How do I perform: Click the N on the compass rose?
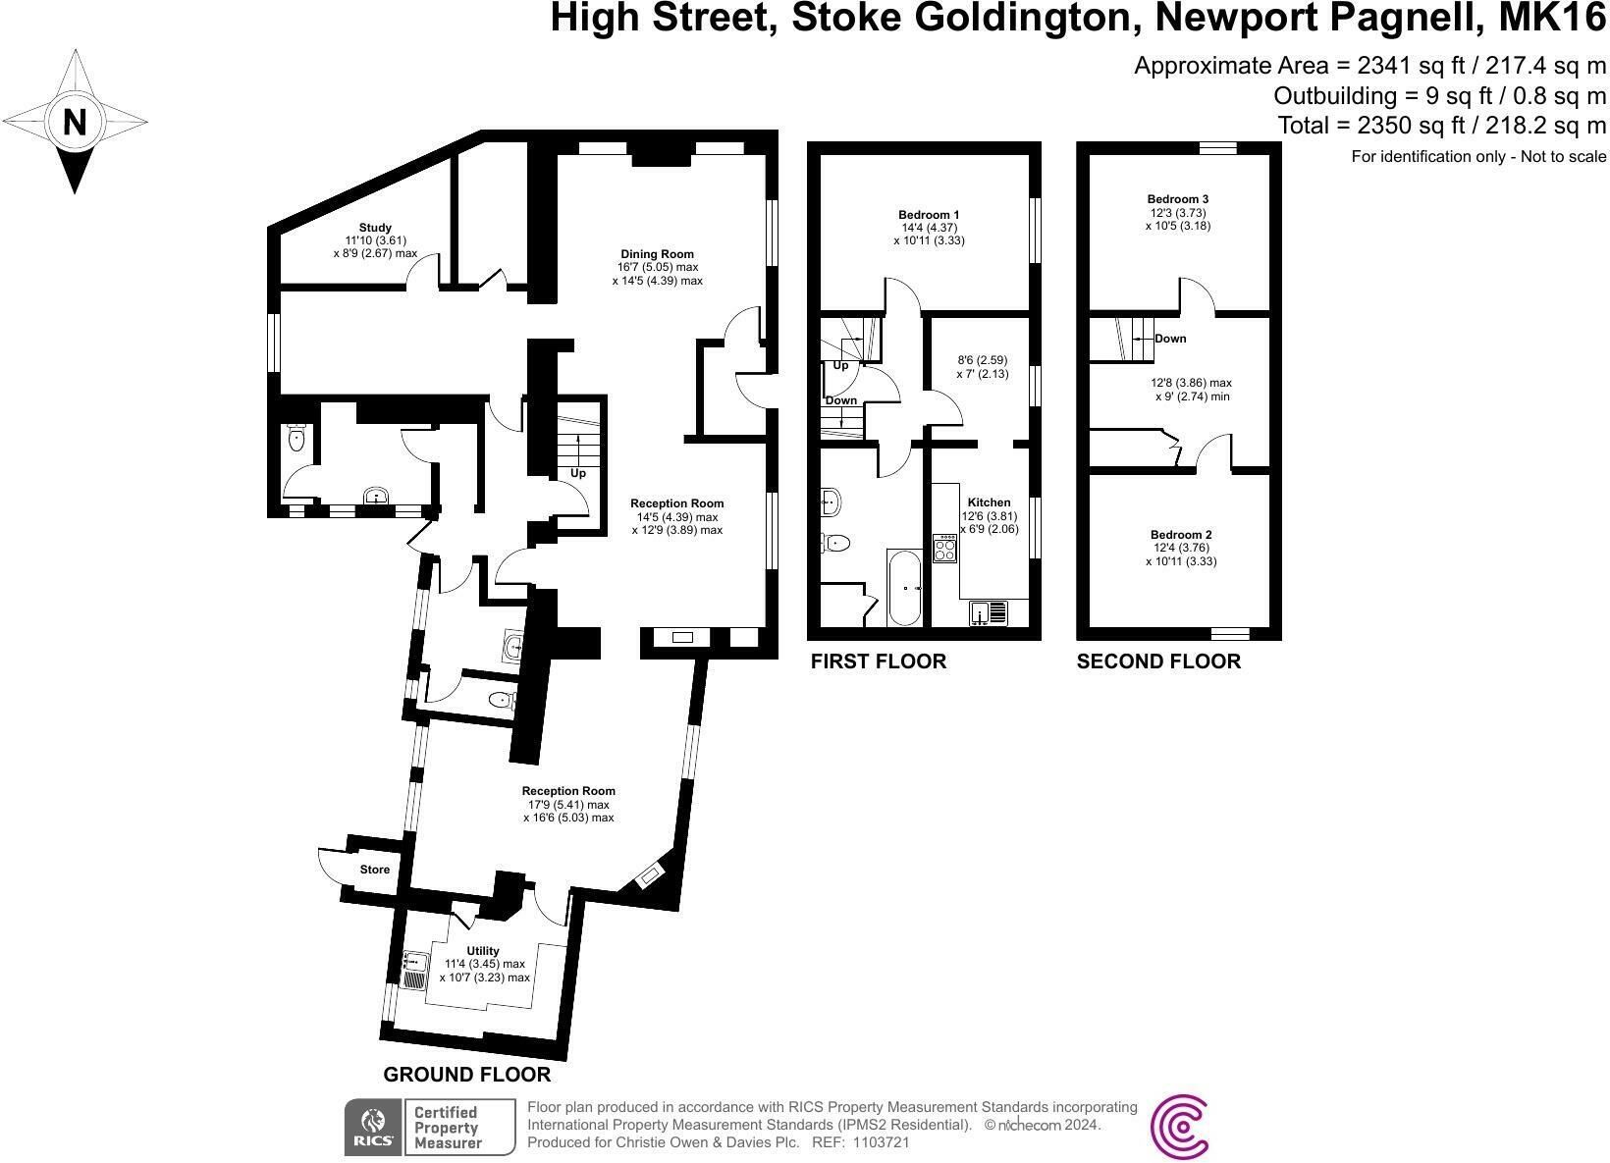75,122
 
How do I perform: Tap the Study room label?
375,228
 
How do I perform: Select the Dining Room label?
657,253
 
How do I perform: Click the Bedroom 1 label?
929,214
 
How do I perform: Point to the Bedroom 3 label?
1177,199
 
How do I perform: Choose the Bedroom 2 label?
1181,535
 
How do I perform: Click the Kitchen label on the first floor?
989,502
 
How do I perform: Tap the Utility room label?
483,950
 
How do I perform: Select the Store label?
374,870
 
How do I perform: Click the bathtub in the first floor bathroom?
905,588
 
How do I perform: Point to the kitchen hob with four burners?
944,548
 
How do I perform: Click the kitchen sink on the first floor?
989,612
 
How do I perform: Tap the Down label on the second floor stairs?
1170,339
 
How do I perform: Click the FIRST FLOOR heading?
879,661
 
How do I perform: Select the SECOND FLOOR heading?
1157,661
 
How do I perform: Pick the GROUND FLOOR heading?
466,1074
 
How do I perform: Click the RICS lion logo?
374,1127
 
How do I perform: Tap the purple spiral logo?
1179,1127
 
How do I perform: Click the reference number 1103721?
882,1142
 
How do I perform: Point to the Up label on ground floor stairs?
578,473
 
